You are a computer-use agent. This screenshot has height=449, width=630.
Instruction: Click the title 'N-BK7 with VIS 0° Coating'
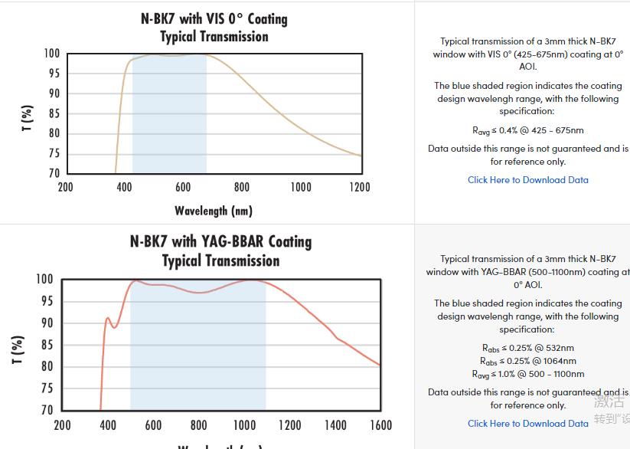pos(214,18)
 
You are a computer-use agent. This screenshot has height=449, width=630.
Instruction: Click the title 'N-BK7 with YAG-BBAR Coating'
pos(220,241)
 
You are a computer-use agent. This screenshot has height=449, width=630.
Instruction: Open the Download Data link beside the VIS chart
pos(527,180)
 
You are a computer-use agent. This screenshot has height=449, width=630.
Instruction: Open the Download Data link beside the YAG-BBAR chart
pos(527,424)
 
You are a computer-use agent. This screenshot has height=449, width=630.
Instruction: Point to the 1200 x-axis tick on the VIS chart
pos(359,187)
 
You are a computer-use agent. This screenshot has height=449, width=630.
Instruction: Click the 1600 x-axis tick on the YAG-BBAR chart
pos(380,425)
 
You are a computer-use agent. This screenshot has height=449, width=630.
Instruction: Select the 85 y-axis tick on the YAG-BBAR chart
pos(46,345)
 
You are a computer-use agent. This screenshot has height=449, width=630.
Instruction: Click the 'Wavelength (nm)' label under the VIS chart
pos(213,211)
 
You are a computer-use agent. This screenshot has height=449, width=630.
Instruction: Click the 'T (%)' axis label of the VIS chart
pos(28,118)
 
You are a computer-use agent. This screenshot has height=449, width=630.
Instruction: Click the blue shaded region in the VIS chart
pos(169,115)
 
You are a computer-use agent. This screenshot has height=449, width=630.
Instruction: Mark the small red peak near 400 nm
pos(108,318)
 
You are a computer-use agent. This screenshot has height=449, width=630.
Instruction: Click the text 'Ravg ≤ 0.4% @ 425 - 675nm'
pos(527,131)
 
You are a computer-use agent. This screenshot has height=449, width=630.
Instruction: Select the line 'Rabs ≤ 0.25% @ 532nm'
pos(527,349)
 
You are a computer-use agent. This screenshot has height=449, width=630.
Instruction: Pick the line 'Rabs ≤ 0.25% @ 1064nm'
pos(527,362)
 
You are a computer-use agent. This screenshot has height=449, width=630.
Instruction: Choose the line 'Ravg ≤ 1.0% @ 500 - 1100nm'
pos(527,375)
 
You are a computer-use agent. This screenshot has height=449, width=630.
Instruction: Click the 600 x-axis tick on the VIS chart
pos(183,187)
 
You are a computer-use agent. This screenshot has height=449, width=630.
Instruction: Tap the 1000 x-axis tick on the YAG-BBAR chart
pos(244,425)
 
